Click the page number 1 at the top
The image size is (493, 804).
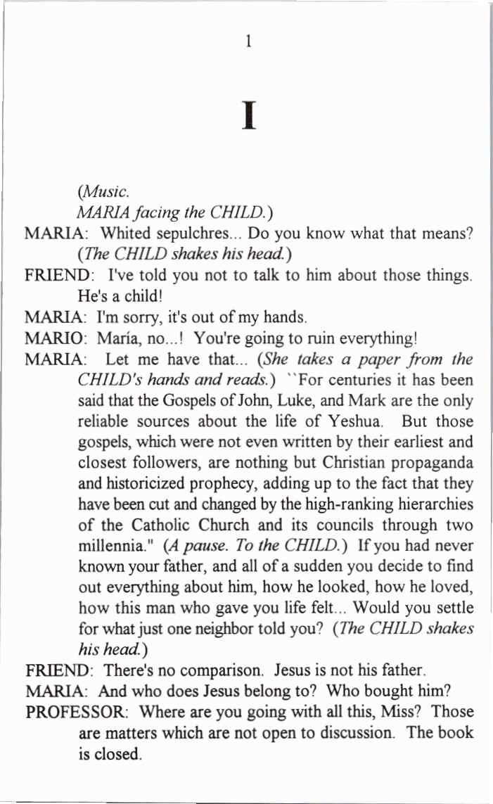coord(248,42)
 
